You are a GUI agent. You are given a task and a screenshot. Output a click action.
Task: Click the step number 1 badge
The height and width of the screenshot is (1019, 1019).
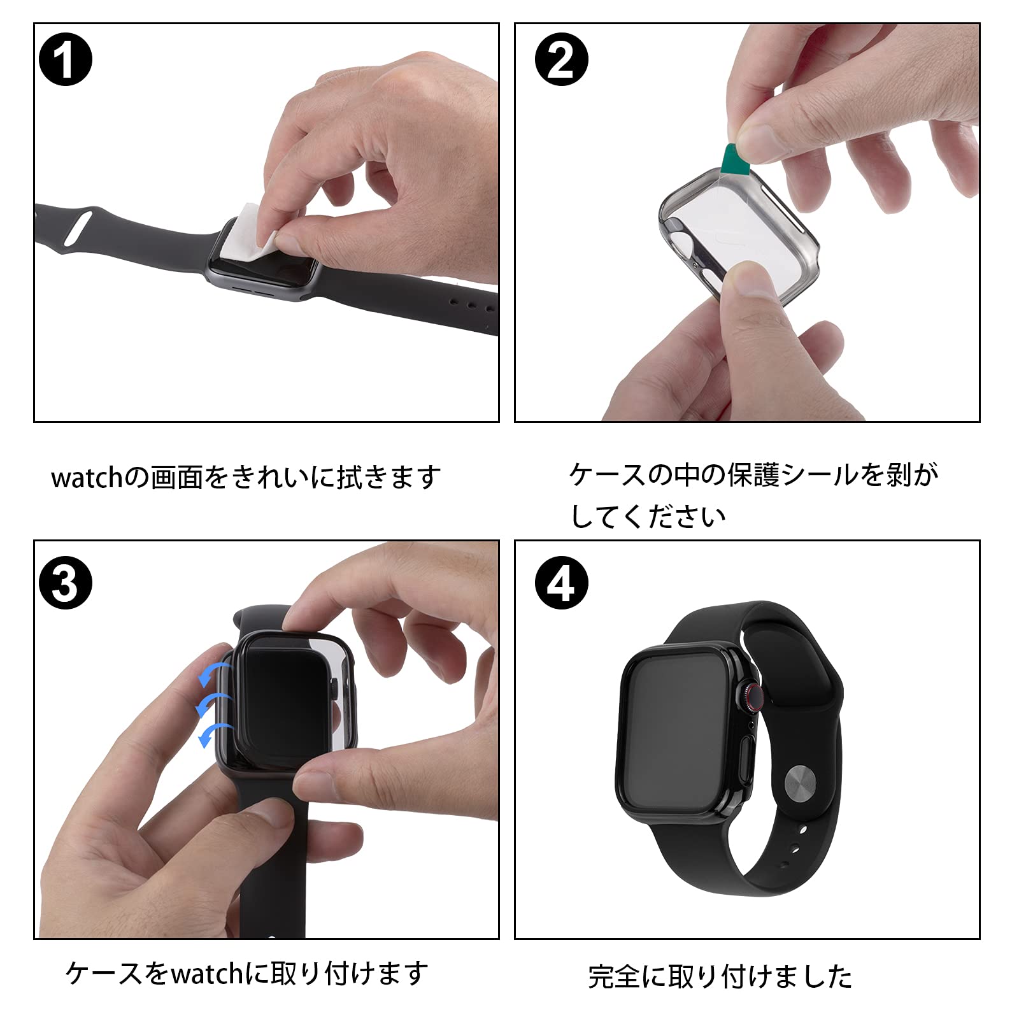tap(66, 61)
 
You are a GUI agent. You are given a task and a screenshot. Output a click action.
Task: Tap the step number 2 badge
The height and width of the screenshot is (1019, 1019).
tap(561, 61)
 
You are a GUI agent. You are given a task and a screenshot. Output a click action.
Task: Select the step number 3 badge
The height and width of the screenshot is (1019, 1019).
tap(66, 583)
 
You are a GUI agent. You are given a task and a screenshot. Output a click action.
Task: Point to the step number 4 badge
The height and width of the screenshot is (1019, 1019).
tap(561, 583)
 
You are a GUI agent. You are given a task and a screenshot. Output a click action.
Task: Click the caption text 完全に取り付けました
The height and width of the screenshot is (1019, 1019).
tap(720, 976)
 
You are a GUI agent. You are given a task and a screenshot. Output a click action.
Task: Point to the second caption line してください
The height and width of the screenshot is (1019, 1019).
tap(648, 517)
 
